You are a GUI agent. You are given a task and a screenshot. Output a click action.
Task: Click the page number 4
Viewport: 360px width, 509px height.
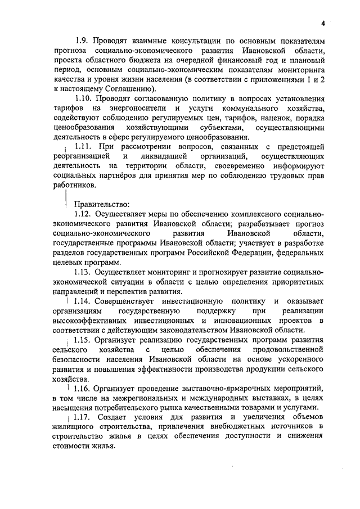click(x=323, y=23)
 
